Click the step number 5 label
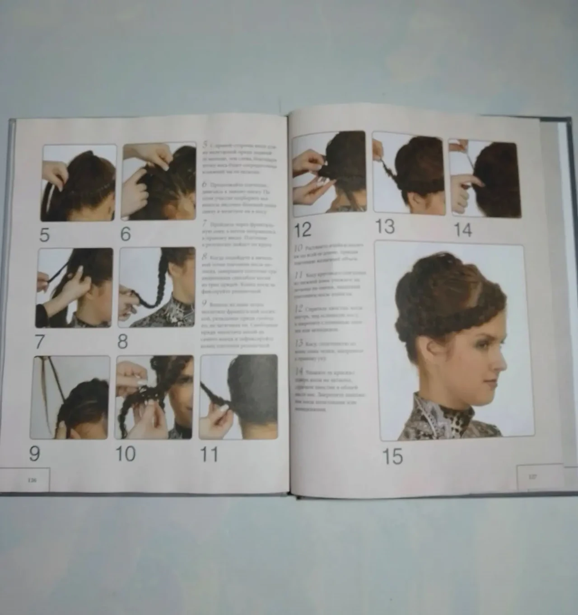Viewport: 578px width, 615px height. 44,235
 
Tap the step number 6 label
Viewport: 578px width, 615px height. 126,235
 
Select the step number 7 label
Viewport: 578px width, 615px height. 40,342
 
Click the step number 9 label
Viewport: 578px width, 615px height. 35,453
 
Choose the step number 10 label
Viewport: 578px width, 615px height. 125,453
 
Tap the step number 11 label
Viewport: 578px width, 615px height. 209,454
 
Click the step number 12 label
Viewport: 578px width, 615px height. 303,230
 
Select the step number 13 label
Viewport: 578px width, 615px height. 385,227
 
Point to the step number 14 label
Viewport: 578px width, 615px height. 462,230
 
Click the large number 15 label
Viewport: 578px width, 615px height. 392,456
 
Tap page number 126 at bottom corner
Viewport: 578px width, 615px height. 32,480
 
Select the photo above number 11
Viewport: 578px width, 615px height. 238,397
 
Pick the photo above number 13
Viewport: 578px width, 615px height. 407,173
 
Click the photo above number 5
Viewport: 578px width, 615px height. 79,183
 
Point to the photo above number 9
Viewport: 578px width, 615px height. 70,397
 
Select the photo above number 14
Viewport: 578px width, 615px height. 485,179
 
